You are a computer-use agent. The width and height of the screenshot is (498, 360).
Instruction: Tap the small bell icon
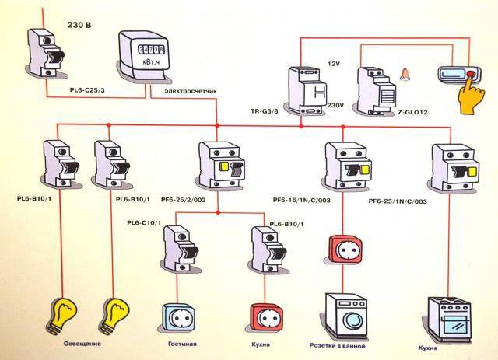pos(404,76)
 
